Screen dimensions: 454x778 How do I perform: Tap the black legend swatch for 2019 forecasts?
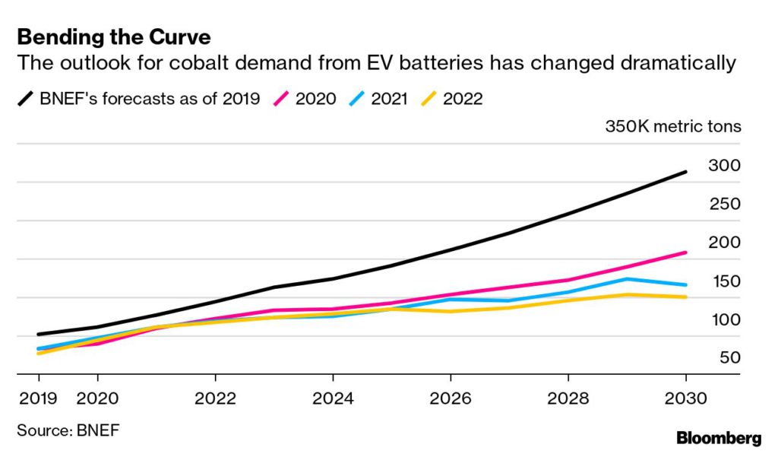[27, 98]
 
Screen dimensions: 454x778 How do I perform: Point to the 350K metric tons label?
[672, 126]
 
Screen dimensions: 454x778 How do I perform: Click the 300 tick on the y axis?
[723, 165]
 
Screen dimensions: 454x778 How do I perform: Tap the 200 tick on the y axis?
[723, 243]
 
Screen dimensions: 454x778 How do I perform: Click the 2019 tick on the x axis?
[38, 398]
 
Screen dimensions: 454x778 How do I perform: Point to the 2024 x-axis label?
[333, 398]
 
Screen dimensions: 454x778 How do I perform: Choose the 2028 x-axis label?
[568, 398]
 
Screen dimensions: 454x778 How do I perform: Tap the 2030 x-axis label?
[686, 398]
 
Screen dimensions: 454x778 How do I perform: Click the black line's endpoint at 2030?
[686, 172]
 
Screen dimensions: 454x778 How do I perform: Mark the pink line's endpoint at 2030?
[686, 252]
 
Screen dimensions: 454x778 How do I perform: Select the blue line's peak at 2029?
[627, 279]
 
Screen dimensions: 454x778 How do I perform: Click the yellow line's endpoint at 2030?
[686, 297]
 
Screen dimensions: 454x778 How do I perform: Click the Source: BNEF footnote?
[68, 430]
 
